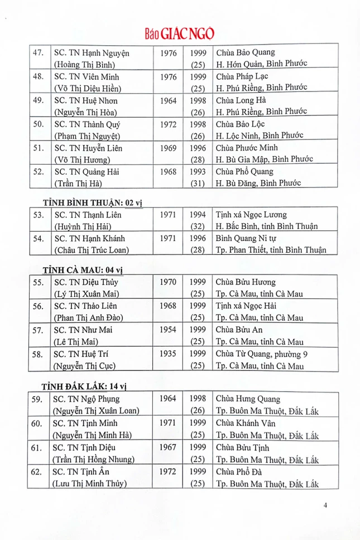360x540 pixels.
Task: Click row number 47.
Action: click(x=38, y=53)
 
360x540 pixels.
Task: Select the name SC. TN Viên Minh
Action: click(x=86, y=76)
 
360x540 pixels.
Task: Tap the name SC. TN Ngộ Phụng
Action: click(x=86, y=399)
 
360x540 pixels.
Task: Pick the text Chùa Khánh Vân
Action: click(x=243, y=423)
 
